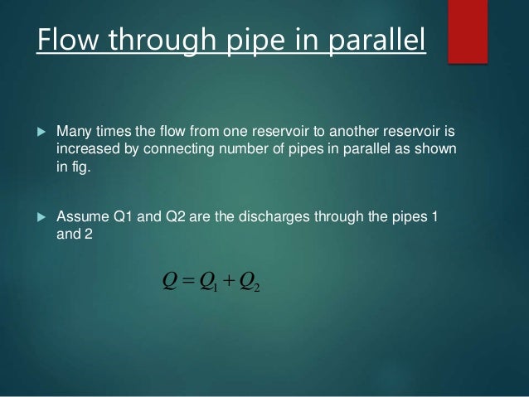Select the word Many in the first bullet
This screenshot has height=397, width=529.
[73, 133]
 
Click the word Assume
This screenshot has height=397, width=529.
[81, 218]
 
